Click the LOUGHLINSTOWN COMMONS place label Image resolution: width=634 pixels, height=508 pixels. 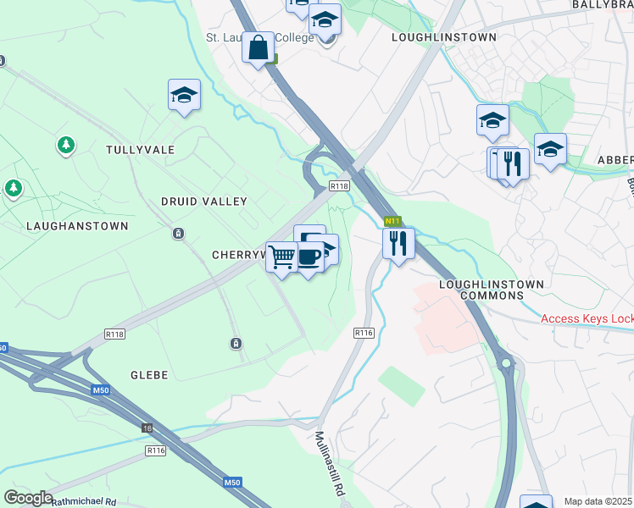(x=481, y=290)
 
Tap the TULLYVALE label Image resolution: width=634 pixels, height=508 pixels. (x=141, y=150)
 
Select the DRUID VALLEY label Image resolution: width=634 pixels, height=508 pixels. (x=204, y=202)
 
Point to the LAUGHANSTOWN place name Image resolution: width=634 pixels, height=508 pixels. (x=77, y=226)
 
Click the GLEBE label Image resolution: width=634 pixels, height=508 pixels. (x=149, y=374)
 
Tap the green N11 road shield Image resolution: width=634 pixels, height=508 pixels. (x=392, y=221)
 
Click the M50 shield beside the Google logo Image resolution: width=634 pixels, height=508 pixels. (x=233, y=483)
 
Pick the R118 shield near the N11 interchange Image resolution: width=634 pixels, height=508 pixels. (x=339, y=186)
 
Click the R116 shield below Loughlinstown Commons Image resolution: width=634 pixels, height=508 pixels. (x=364, y=333)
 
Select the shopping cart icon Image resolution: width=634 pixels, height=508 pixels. (x=281, y=256)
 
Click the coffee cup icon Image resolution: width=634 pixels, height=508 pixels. (x=309, y=256)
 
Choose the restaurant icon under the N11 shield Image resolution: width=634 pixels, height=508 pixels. (x=398, y=243)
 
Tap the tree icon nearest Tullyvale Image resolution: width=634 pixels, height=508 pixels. (x=65, y=146)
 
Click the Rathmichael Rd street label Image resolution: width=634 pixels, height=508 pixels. (x=83, y=501)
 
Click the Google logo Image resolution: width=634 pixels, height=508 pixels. (x=27, y=498)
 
